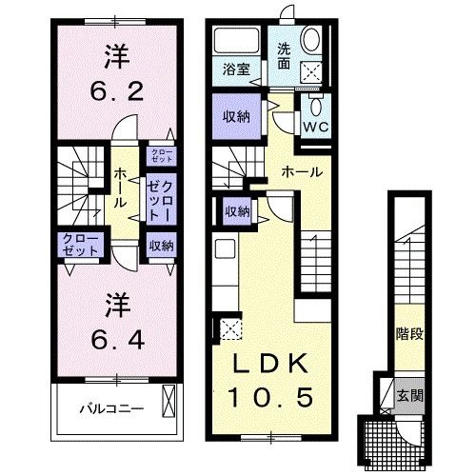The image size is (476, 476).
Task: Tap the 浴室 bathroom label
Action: coord(237,69)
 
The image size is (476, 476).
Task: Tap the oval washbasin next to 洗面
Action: coord(313,40)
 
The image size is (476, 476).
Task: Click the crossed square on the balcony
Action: coord(169,400)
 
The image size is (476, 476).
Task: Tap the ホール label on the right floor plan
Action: coord(301,172)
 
